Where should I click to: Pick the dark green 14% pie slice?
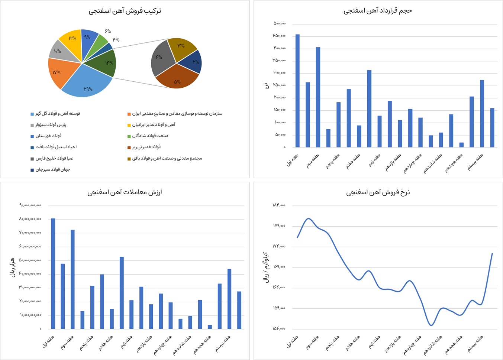[x=104, y=63]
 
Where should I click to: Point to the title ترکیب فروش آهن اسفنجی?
[x=125, y=11]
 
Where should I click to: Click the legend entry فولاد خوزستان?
[x=48, y=136]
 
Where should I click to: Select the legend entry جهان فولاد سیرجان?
[x=52, y=170]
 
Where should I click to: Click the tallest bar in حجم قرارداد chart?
[x=297, y=91]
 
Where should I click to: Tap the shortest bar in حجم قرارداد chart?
[x=461, y=145]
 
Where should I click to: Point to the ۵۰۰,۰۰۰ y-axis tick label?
[x=279, y=23]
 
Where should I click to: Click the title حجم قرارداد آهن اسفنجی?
[x=377, y=11]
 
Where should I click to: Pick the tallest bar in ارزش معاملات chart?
[x=53, y=273]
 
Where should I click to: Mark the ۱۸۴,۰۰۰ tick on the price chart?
[x=279, y=205]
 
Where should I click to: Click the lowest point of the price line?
[x=431, y=325]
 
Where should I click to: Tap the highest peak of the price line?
[x=309, y=218]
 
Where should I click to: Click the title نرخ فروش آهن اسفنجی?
[x=378, y=192]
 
